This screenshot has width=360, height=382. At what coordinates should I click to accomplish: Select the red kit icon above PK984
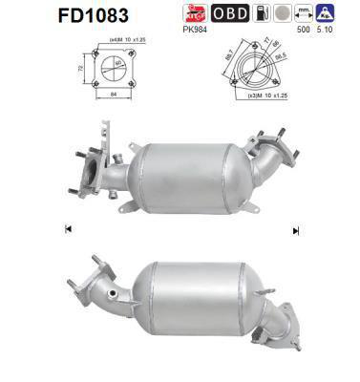[x=195, y=13]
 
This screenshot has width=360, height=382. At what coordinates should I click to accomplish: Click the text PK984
[x=195, y=29]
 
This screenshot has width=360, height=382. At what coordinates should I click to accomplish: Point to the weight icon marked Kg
[x=326, y=13]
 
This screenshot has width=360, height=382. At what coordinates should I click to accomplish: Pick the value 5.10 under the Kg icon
[x=326, y=29]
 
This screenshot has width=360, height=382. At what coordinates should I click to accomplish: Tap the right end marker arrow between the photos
[x=296, y=229]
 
